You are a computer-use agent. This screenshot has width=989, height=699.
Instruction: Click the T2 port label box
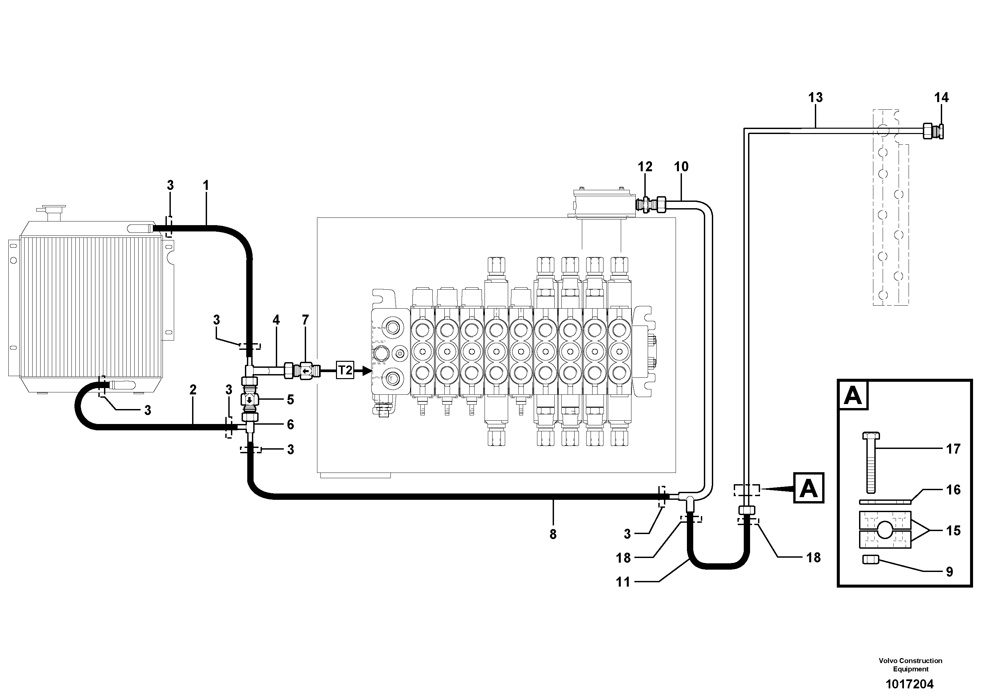[345, 370]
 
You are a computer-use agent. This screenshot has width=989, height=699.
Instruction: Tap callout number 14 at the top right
[941, 98]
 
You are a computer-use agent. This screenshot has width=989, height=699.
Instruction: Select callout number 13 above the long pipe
[816, 98]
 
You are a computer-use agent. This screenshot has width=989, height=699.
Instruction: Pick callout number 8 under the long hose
[553, 534]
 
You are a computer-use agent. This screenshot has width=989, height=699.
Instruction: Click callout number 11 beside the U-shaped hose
[623, 582]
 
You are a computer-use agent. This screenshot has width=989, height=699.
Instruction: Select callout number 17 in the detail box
[953, 449]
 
